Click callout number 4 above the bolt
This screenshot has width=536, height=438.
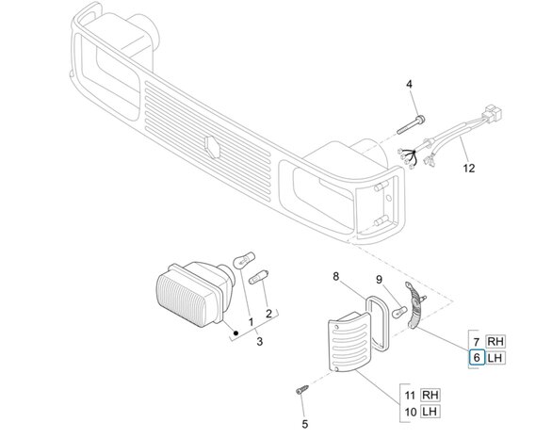tap(409, 85)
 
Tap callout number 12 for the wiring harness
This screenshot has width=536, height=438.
tap(469, 169)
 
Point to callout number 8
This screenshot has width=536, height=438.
tap(335, 276)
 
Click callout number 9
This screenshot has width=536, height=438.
tap(379, 280)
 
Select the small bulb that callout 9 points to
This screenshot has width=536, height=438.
tap(399, 312)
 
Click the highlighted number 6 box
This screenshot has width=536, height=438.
tap(477, 358)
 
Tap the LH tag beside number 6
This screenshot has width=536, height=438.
tap(495, 358)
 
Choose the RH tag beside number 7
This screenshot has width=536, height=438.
tap(495, 341)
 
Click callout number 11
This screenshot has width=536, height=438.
tap(410, 396)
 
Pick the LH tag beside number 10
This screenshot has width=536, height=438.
tap(430, 412)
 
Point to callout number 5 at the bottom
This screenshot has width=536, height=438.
tap(305, 424)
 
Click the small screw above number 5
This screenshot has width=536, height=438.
tap(301, 389)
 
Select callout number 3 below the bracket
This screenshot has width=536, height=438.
tap(260, 341)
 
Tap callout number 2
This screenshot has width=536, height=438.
tap(268, 314)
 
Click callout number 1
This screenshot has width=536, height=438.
tap(251, 322)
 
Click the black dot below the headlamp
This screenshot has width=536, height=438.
tap(236, 333)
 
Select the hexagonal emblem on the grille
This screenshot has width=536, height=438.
tap(212, 147)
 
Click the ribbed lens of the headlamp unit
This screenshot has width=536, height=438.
tap(185, 300)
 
